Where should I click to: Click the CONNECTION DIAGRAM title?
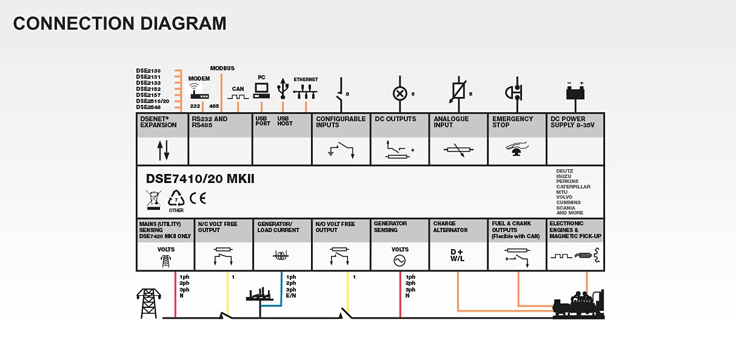coord(119,24)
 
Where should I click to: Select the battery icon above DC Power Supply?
coord(574,92)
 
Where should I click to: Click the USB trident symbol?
coord(283,88)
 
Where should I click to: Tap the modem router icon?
coord(199,92)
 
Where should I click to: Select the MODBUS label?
coord(222,68)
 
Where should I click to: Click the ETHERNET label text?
coord(306,79)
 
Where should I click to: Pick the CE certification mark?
coord(198,198)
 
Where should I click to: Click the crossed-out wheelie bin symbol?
coord(154,199)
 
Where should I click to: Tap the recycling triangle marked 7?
coord(176,198)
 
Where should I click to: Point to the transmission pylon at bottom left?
coord(148,302)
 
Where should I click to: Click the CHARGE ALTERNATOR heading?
coord(450,227)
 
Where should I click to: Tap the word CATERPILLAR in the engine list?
coord(573,187)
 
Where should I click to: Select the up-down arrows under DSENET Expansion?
coord(162,150)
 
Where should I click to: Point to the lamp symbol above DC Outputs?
coord(399,93)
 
